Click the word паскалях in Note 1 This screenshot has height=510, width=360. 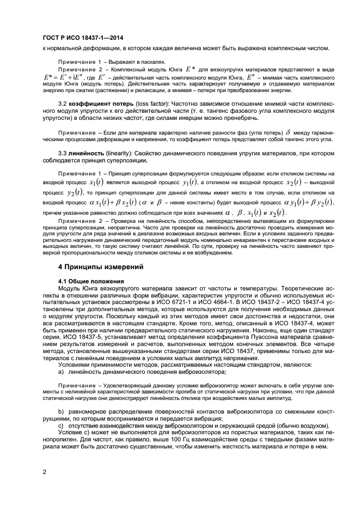[x=154, y=62]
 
